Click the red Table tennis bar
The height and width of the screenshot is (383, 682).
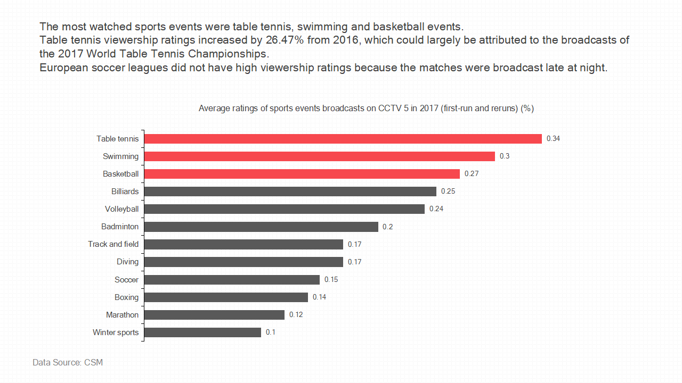pyautogui.click(x=343, y=139)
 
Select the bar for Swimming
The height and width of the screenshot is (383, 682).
pyautogui.click(x=320, y=156)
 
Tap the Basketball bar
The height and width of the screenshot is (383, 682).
pyautogui.click(x=302, y=174)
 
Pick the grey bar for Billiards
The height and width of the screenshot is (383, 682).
pyautogui.click(x=290, y=191)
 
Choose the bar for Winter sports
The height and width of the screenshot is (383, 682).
pyautogui.click(x=202, y=332)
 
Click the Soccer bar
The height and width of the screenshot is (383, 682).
pyautogui.click(x=232, y=280)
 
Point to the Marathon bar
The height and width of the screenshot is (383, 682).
pyautogui.click(x=214, y=315)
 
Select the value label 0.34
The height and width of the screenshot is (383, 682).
pyautogui.click(x=553, y=139)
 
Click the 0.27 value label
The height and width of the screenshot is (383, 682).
pyautogui.click(x=472, y=174)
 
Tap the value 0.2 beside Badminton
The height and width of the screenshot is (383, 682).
pyautogui.click(x=388, y=227)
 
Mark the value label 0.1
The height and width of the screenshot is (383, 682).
pyautogui.click(x=271, y=332)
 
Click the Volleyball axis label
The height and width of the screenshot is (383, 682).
pyautogui.click(x=121, y=209)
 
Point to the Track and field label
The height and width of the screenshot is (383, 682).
pyautogui.click(x=113, y=244)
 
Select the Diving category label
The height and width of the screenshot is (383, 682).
pyautogui.click(x=127, y=262)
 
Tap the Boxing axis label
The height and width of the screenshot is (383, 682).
pyautogui.click(x=126, y=297)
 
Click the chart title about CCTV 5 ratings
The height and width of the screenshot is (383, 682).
pyautogui.click(x=366, y=109)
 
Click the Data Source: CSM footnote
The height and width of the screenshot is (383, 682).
pyautogui.click(x=68, y=363)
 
